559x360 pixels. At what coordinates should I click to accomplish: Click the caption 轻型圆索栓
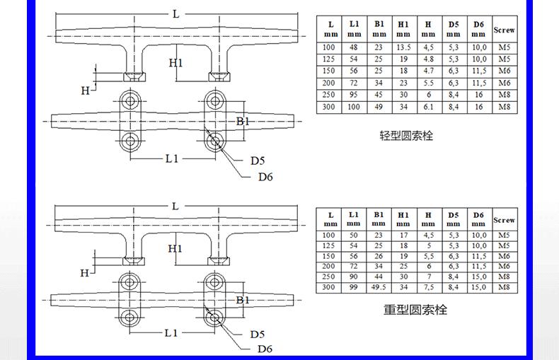[406, 135]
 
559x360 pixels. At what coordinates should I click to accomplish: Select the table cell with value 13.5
[403, 48]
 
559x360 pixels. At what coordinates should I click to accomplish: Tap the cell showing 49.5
[379, 288]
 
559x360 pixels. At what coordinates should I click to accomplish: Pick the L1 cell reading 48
[354, 48]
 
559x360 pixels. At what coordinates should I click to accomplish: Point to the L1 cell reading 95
[354, 95]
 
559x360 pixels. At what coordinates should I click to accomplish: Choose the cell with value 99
[354, 288]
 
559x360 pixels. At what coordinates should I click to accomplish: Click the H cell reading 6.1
[428, 107]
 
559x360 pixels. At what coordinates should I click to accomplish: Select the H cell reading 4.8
[428, 59]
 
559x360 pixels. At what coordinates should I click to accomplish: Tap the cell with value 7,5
[428, 288]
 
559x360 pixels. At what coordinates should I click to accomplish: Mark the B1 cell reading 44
[379, 277]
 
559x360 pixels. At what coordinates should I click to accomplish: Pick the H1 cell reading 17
[403, 235]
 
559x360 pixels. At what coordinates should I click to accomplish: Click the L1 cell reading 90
[354, 277]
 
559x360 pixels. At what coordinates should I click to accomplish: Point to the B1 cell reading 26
[379, 256]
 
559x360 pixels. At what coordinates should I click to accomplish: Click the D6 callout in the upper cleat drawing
[265, 177]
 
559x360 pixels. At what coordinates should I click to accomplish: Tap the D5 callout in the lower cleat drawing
[258, 334]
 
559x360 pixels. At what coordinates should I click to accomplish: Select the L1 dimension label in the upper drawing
[172, 158]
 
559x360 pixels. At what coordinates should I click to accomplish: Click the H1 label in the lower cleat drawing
[175, 249]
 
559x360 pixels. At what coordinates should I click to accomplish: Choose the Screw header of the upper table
[504, 30]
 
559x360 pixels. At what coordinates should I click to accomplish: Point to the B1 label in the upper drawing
[243, 122]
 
